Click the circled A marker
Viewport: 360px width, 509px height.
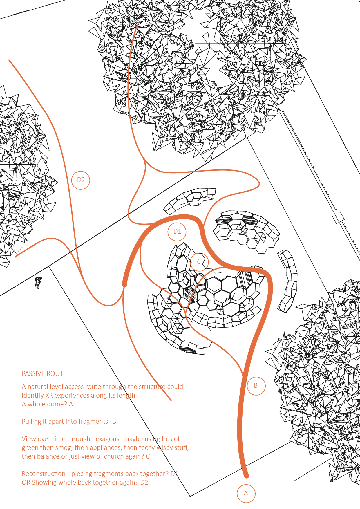246,493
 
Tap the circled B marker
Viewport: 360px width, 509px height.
256,386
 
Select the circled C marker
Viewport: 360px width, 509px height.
199,262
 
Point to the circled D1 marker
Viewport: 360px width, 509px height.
177,232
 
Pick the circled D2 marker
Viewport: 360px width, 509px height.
81,180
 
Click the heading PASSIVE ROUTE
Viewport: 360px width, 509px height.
44,374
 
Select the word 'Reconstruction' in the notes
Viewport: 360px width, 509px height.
44,474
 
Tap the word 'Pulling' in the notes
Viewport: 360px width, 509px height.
32,422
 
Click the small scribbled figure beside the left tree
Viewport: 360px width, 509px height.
38,283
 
